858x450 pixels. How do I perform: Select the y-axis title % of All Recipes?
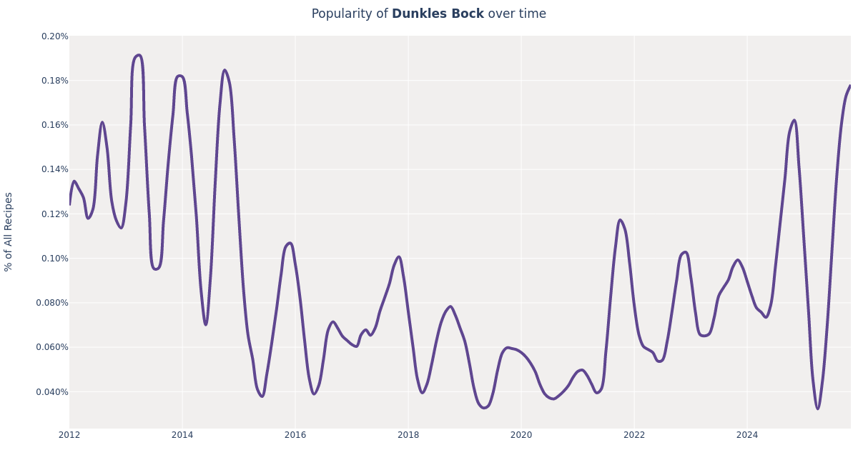tap(9, 231)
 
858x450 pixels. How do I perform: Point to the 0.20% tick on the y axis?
tap(54, 36)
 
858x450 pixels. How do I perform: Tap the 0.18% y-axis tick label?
tap(54, 81)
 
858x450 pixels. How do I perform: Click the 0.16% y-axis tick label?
tap(54, 125)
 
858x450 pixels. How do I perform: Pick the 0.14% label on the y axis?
tap(54, 169)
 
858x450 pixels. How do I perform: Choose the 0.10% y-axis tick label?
tap(54, 259)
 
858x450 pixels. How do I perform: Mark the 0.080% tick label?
tap(52, 303)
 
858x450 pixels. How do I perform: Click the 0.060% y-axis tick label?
tap(52, 347)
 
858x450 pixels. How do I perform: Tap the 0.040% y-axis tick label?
tap(52, 391)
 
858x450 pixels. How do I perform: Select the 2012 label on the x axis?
tap(69, 435)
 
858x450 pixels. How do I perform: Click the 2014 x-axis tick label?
tap(182, 435)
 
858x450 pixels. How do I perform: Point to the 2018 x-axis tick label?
tap(408, 435)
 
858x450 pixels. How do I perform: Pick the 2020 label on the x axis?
tap(521, 435)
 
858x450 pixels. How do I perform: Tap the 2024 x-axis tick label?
tap(747, 435)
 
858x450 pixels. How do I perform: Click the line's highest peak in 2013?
tap(138, 55)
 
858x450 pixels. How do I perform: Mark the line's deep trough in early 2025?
tap(817, 409)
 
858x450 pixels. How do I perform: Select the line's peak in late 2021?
tap(620, 220)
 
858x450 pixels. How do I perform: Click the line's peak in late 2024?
tap(794, 120)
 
